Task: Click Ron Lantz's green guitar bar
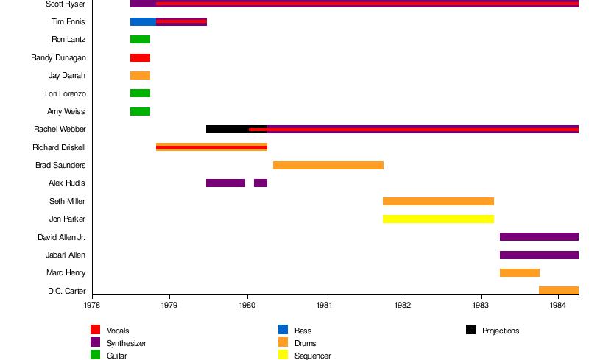(x=140, y=40)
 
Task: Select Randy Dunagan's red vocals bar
(x=140, y=57)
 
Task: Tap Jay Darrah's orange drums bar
(x=140, y=75)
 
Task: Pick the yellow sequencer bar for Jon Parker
(x=438, y=219)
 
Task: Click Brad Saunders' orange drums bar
(x=328, y=165)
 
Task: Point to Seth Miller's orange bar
(x=438, y=201)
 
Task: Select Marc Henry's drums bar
(x=519, y=272)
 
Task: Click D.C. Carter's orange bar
(x=558, y=290)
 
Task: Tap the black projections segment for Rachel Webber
(x=227, y=130)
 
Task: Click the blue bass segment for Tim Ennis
(x=143, y=21)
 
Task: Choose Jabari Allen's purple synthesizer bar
(x=539, y=255)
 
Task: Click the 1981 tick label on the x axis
(x=325, y=304)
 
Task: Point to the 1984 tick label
(x=558, y=304)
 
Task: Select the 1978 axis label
(x=92, y=304)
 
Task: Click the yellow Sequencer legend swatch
(x=283, y=355)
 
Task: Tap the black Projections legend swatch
(x=470, y=330)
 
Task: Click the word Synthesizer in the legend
(x=127, y=343)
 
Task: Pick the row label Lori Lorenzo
(x=66, y=93)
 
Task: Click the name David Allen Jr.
(x=62, y=237)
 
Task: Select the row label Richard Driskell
(x=59, y=147)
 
